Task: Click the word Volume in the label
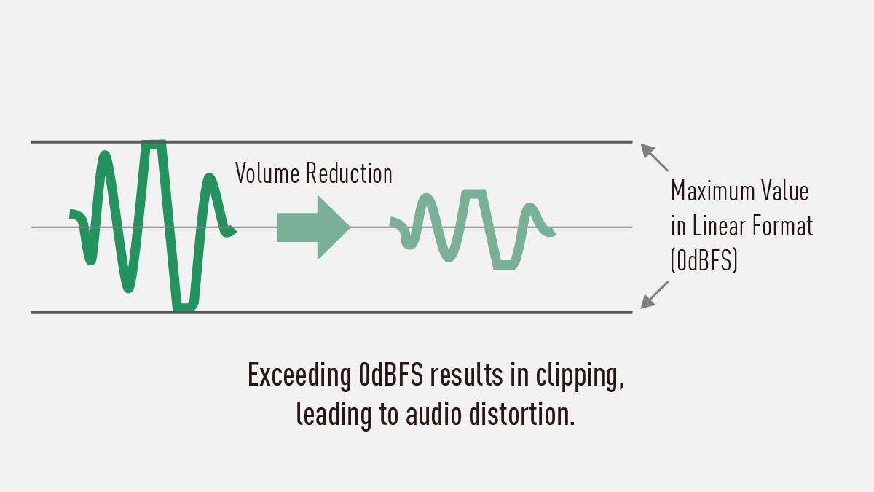coord(267,174)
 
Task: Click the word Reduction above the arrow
coord(349,174)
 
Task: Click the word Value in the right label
coord(784,192)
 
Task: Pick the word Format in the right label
coord(783,226)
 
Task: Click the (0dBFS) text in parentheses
coord(704,260)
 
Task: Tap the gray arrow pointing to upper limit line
coord(654,157)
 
